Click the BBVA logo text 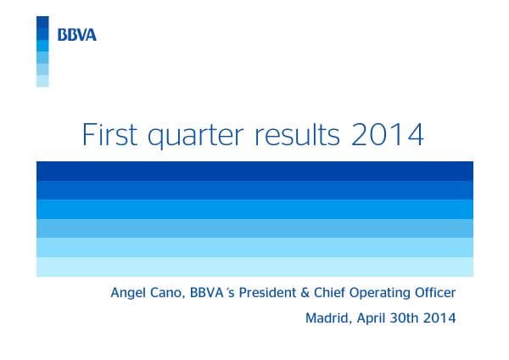[76, 35]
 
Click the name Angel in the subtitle [128, 294]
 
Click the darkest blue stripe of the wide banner [255, 171]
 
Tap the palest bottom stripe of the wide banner [255, 267]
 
